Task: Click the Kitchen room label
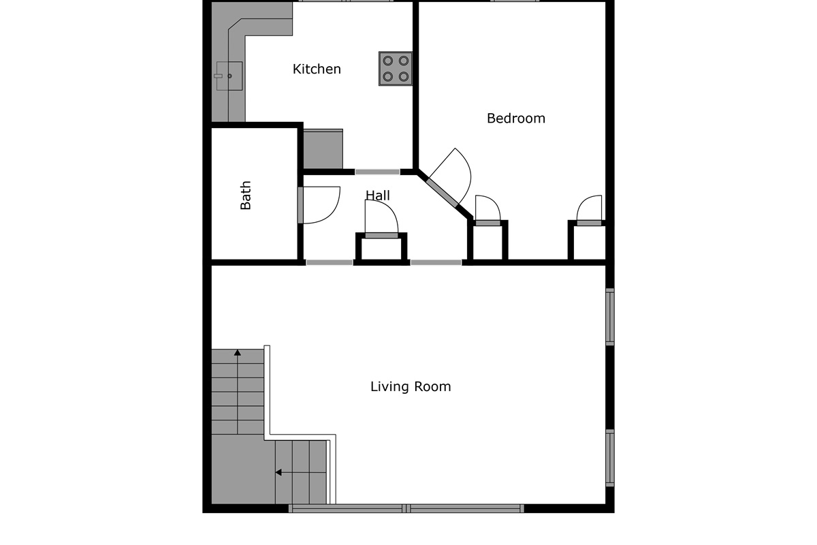pyautogui.click(x=317, y=69)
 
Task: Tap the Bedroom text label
pyautogui.click(x=516, y=119)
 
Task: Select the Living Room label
pyautogui.click(x=411, y=386)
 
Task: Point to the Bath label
pyautogui.click(x=246, y=196)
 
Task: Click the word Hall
pyautogui.click(x=378, y=196)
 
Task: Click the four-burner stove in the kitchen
pyautogui.click(x=396, y=69)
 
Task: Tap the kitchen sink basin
pyautogui.click(x=229, y=76)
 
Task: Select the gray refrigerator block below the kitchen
pyautogui.click(x=323, y=149)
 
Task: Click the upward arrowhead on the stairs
pyautogui.click(x=238, y=353)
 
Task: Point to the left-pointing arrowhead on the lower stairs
pyautogui.click(x=278, y=472)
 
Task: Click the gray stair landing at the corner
pyautogui.click(x=243, y=469)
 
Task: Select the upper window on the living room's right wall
pyautogui.click(x=610, y=317)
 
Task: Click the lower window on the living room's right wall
pyautogui.click(x=610, y=458)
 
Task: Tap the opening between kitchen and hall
pyautogui.click(x=377, y=172)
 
